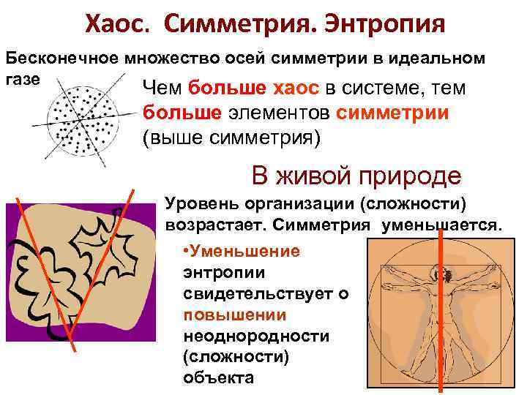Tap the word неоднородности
[x=256, y=336]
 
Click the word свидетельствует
[x=264, y=293]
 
